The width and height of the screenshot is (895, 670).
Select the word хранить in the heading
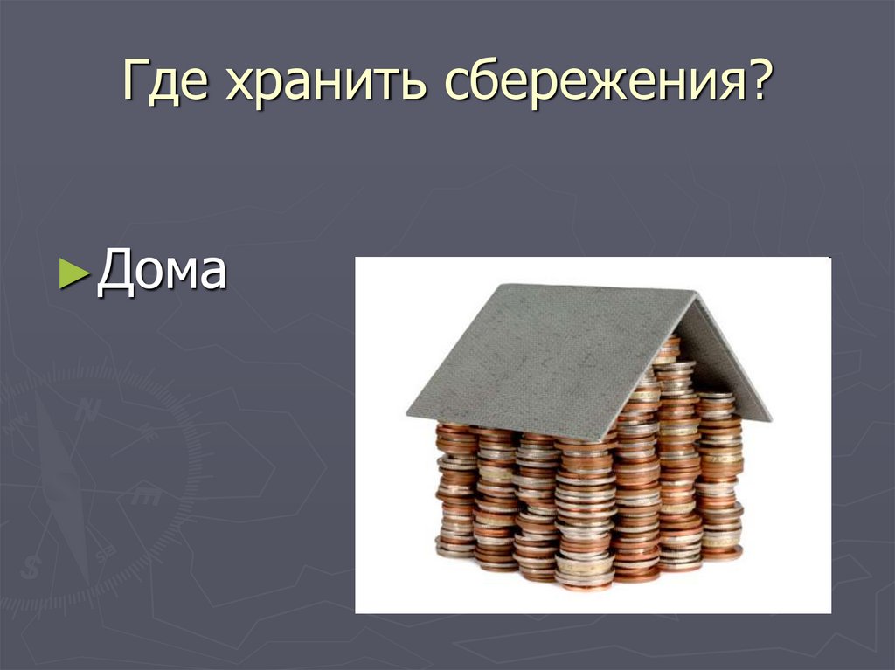[x=325, y=81]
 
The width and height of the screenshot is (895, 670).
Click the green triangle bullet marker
[x=74, y=273]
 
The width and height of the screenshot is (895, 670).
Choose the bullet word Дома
[x=162, y=271]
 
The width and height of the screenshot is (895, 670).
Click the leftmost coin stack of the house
[x=455, y=492]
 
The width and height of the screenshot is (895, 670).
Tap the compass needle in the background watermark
[x=63, y=485]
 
